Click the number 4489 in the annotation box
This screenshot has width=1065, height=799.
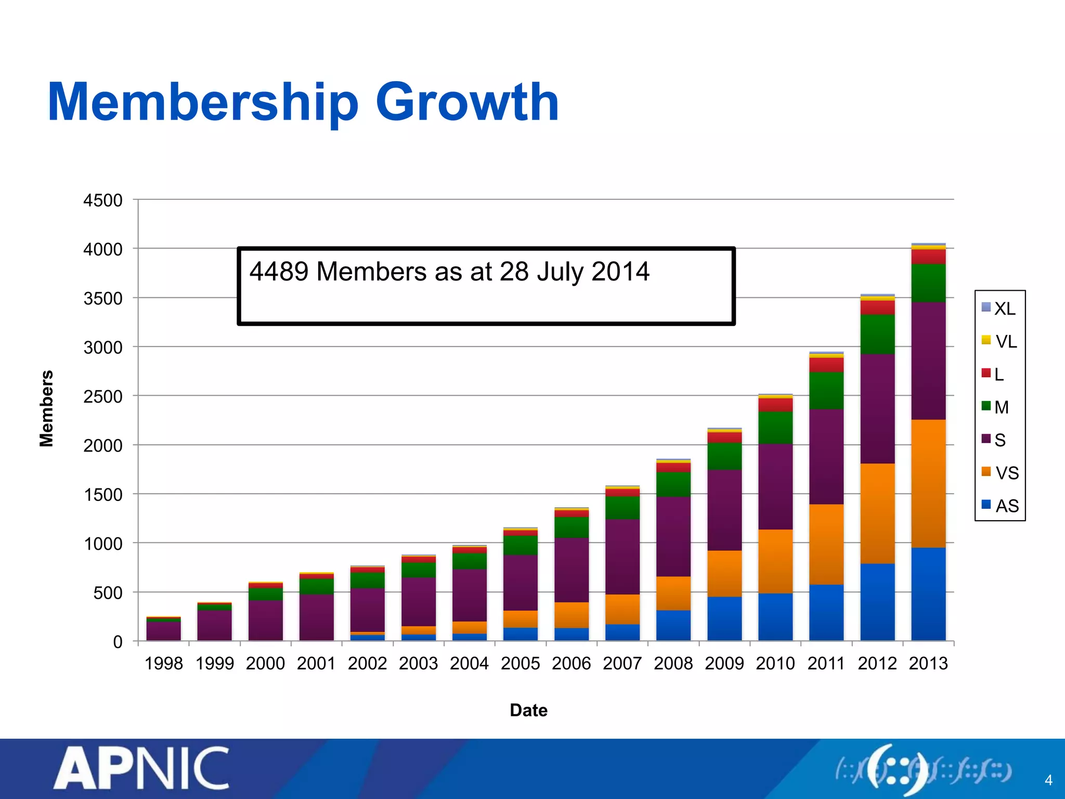[279, 272]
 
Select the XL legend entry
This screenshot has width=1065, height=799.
[998, 308]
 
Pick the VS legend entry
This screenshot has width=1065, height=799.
[1000, 473]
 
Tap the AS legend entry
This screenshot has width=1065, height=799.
[1000, 506]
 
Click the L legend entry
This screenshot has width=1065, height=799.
[993, 375]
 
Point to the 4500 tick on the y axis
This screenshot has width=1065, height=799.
[103, 201]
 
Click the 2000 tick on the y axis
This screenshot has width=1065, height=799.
[103, 446]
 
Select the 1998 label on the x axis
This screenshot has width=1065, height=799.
[163, 664]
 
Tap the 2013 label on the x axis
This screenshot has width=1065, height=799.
[928, 664]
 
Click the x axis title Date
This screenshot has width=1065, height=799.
[528, 711]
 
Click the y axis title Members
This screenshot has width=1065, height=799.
[47, 408]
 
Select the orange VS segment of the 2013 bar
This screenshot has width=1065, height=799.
[928, 484]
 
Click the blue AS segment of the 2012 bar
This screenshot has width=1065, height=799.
[877, 602]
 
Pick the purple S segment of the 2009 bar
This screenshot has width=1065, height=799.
[724, 510]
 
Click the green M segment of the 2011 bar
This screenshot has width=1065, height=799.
[826, 390]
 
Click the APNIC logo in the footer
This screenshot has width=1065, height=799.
[141, 769]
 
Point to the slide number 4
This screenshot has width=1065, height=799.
[1048, 780]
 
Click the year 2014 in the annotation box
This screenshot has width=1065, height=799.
[620, 272]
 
